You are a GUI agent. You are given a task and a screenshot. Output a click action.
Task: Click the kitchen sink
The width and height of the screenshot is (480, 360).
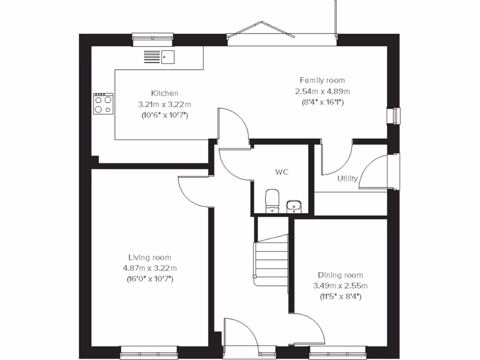[168, 57]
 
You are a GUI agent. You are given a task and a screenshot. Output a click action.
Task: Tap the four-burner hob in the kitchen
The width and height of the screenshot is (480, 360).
[104, 103]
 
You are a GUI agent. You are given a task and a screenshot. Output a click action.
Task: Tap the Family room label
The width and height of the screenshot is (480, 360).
[322, 80]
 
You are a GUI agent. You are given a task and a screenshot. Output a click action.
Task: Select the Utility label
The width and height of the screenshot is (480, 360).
[347, 179]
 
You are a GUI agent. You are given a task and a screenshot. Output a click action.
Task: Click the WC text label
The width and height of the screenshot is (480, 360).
[282, 172]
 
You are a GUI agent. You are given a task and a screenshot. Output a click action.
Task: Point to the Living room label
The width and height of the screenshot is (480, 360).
[150, 257]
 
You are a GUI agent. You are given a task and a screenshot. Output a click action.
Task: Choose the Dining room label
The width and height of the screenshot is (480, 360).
[340, 275]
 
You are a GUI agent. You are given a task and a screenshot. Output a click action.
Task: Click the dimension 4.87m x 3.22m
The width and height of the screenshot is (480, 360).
[150, 268]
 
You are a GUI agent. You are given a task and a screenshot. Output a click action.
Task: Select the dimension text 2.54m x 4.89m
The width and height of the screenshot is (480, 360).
[322, 91]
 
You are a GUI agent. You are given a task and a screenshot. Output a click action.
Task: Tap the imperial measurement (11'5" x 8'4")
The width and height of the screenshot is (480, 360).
[340, 296]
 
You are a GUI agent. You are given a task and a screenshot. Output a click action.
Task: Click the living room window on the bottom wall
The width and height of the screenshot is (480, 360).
[149, 350]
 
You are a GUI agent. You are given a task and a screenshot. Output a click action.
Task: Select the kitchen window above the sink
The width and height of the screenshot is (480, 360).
[152, 40]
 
